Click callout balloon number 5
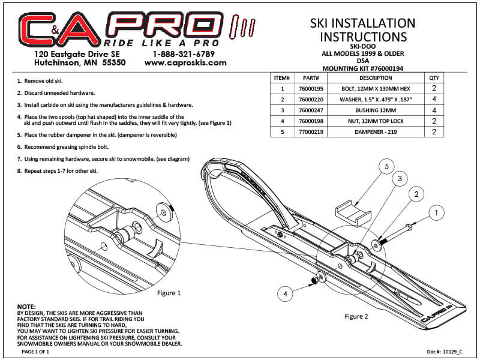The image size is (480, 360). [x=386, y=166]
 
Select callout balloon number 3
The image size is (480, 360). [x=400, y=178]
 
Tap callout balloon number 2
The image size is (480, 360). [x=416, y=194]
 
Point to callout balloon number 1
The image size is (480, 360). [x=436, y=212]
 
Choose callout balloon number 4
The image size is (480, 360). [x=286, y=294]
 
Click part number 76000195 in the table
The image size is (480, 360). [x=311, y=89]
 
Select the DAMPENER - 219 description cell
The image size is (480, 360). [x=376, y=132]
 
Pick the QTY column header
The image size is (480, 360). [x=434, y=78]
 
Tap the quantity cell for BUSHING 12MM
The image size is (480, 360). [x=434, y=110]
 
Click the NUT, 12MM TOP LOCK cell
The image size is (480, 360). [x=376, y=121]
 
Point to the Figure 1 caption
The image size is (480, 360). [x=169, y=293]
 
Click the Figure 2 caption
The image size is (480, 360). [x=356, y=316]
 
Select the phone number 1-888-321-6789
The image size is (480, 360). [x=184, y=54]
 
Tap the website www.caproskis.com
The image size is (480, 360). [x=185, y=63]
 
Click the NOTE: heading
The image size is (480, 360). [x=26, y=307]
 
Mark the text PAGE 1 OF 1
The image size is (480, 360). [x=35, y=352]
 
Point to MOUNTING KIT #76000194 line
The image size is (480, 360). [x=363, y=68]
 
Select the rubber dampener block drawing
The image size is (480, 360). [x=353, y=212]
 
